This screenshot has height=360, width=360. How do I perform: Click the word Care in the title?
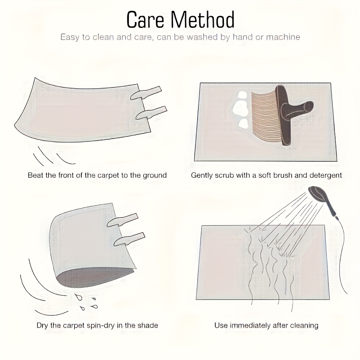[145, 20]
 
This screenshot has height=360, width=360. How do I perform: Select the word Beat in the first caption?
[36, 175]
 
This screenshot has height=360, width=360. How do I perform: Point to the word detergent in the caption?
[325, 176]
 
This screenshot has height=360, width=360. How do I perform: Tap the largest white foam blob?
[240, 108]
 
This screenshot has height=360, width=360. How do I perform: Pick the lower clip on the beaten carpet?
[151, 113]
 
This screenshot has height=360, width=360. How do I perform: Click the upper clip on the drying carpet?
[122, 220]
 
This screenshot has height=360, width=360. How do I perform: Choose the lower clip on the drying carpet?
[129, 239]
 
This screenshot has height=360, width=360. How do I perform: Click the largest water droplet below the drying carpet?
[79, 297]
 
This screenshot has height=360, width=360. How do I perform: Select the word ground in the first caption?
[155, 176]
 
